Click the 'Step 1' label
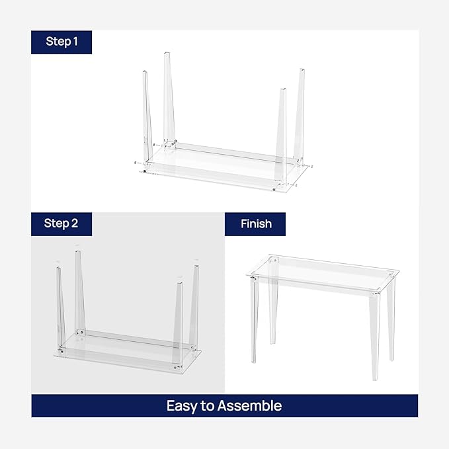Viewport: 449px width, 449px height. (61, 42)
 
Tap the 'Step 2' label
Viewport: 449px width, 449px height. (61, 224)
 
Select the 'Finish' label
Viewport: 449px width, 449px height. (256, 224)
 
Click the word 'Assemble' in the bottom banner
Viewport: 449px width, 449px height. (249, 405)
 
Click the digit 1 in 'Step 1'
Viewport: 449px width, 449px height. (75, 42)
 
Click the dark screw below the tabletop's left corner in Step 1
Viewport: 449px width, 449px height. (145, 172)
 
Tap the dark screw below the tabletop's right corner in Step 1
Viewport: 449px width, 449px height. (274, 190)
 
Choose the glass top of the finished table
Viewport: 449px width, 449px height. (324, 271)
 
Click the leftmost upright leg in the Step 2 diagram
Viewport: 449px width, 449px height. (60, 304)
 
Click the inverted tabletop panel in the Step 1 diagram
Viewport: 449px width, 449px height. (218, 169)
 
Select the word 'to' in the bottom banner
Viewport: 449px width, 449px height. (206, 405)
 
